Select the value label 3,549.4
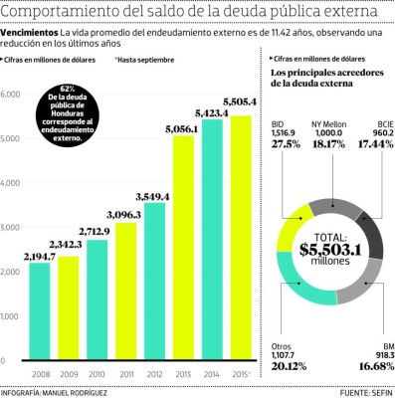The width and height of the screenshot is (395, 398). tap(155, 196)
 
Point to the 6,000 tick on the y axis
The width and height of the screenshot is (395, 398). tap(11, 95)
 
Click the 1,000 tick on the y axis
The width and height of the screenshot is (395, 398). tap(11, 317)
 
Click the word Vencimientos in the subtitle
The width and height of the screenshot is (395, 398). tap(29, 33)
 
